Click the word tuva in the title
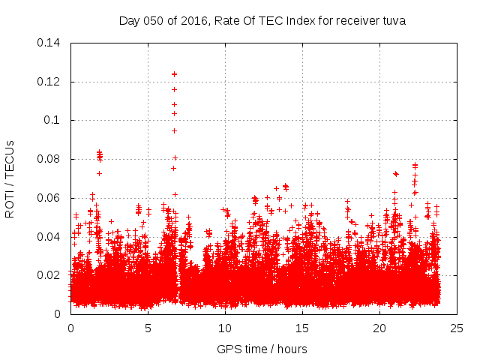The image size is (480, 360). click(x=394, y=21)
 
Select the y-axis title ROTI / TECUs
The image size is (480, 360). click(x=10, y=178)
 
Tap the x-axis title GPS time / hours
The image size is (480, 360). click(x=262, y=349)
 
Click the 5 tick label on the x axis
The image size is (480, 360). click(x=148, y=328)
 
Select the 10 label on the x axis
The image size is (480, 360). click(x=225, y=328)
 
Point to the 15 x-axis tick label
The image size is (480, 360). click(x=302, y=328)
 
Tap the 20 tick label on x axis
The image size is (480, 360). click(x=379, y=328)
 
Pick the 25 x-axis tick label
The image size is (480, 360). click(x=457, y=328)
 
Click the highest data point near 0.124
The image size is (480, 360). click(x=174, y=74)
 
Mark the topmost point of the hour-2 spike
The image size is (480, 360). click(x=99, y=152)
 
